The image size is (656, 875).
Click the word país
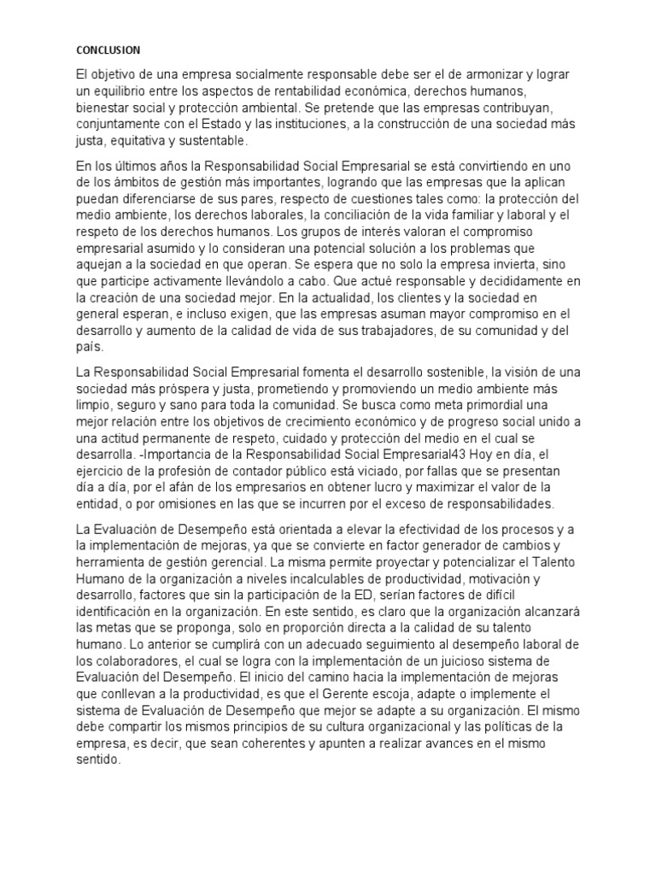coord(89,347)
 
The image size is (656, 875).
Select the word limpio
coord(93,404)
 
